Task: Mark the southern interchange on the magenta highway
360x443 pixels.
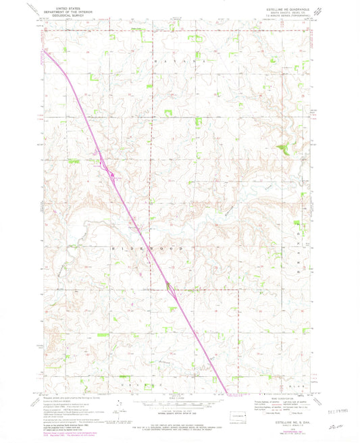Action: pos(172,289)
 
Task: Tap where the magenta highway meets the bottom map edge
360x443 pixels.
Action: pos(224,392)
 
